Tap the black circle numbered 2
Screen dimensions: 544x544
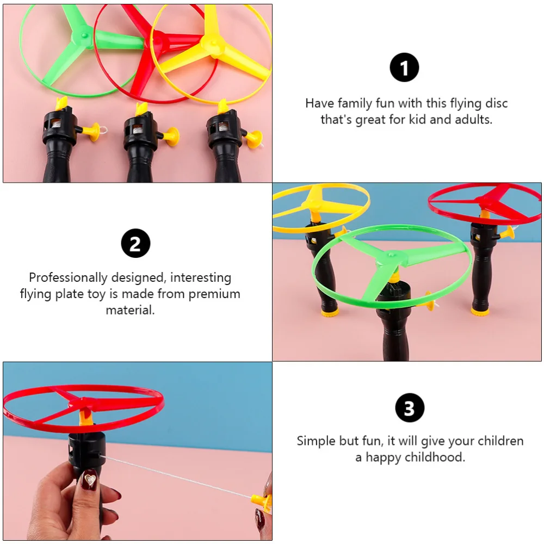click(x=135, y=243)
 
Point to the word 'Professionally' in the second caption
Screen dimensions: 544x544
click(x=69, y=277)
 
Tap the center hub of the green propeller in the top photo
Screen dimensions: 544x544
click(x=84, y=36)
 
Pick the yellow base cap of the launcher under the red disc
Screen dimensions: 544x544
click(x=479, y=312)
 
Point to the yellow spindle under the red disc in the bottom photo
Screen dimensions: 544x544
click(x=84, y=418)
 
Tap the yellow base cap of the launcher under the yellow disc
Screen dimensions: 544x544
click(x=330, y=313)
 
